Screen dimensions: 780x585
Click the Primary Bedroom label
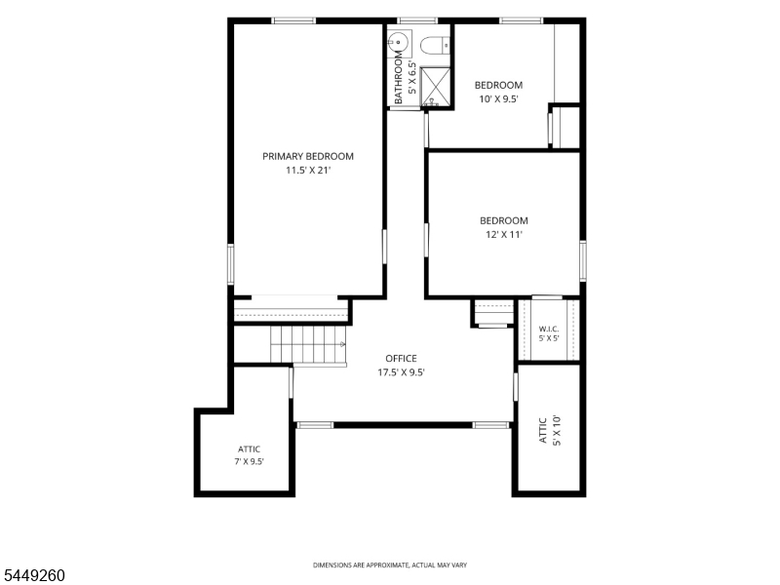(308, 156)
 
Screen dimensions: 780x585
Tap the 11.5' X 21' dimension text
(308, 170)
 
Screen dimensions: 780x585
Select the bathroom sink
(398, 42)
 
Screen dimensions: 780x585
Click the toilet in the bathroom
(435, 45)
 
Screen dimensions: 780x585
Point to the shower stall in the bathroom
(435, 87)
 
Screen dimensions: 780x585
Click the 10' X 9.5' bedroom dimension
(498, 99)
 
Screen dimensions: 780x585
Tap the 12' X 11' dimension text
(504, 234)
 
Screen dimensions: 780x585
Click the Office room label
(401, 358)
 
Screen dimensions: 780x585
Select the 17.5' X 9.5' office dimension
(401, 372)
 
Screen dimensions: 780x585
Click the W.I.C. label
(549, 329)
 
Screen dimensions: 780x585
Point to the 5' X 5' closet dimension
(549, 338)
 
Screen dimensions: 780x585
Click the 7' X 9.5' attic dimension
(249, 461)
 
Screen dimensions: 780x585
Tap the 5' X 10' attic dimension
(556, 430)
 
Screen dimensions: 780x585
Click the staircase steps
(308, 344)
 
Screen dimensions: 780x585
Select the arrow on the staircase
(343, 344)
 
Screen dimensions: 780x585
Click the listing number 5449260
(33, 575)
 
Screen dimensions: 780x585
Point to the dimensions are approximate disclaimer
(389, 565)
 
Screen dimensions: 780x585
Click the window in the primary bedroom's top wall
(293, 20)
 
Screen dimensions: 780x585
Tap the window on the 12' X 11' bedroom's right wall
(583, 260)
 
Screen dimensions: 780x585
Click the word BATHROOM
(398, 78)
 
